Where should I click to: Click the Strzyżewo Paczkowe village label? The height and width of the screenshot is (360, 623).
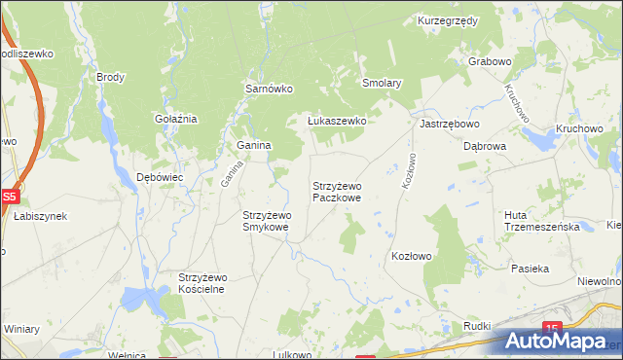337,191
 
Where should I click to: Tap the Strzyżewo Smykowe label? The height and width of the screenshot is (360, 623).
266,221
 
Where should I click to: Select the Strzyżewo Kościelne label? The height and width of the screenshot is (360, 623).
202,282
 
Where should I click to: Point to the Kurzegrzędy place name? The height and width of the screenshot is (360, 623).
447,20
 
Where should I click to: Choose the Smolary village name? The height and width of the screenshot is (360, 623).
382,84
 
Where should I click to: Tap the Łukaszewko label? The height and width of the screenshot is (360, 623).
336,121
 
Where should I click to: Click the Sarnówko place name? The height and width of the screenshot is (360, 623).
269,89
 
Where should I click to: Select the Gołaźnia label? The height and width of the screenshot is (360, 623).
176,119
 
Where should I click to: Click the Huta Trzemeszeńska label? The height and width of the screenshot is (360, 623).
542,220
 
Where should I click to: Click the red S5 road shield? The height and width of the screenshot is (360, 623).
9,197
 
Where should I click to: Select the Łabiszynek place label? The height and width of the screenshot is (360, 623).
40,216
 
